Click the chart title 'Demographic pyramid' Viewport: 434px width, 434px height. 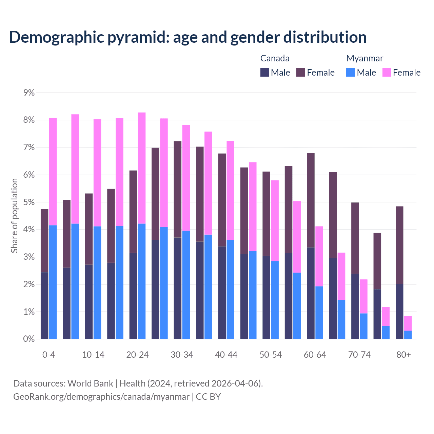pyautogui.click(x=188, y=37)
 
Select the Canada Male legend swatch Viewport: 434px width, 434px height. pyautogui.click(x=264, y=72)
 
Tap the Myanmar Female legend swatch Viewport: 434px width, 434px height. pyautogui.click(x=387, y=72)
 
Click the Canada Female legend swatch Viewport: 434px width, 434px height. pyautogui.click(x=301, y=72)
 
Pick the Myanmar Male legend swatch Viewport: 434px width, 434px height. pyautogui.click(x=351, y=72)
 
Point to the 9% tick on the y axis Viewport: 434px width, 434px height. pyautogui.click(x=29, y=93)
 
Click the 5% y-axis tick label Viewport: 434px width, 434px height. pyautogui.click(x=29, y=202)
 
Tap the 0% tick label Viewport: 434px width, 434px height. pyautogui.click(x=29, y=339)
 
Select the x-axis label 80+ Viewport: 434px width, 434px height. pyautogui.click(x=403, y=355)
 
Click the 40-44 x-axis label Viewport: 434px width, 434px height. pyautogui.click(x=226, y=355)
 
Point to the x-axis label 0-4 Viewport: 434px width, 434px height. pyautogui.click(x=48, y=355)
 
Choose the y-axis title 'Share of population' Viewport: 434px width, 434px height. pyautogui.click(x=15, y=216)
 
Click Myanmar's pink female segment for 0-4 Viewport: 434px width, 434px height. pyautogui.click(x=53, y=171)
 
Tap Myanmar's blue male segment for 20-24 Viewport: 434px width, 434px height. pyautogui.click(x=142, y=281)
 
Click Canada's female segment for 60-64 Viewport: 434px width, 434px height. pyautogui.click(x=311, y=200)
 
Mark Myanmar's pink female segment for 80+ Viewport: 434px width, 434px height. pyautogui.click(x=408, y=323)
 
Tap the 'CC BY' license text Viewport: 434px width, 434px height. pyautogui.click(x=208, y=396)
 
